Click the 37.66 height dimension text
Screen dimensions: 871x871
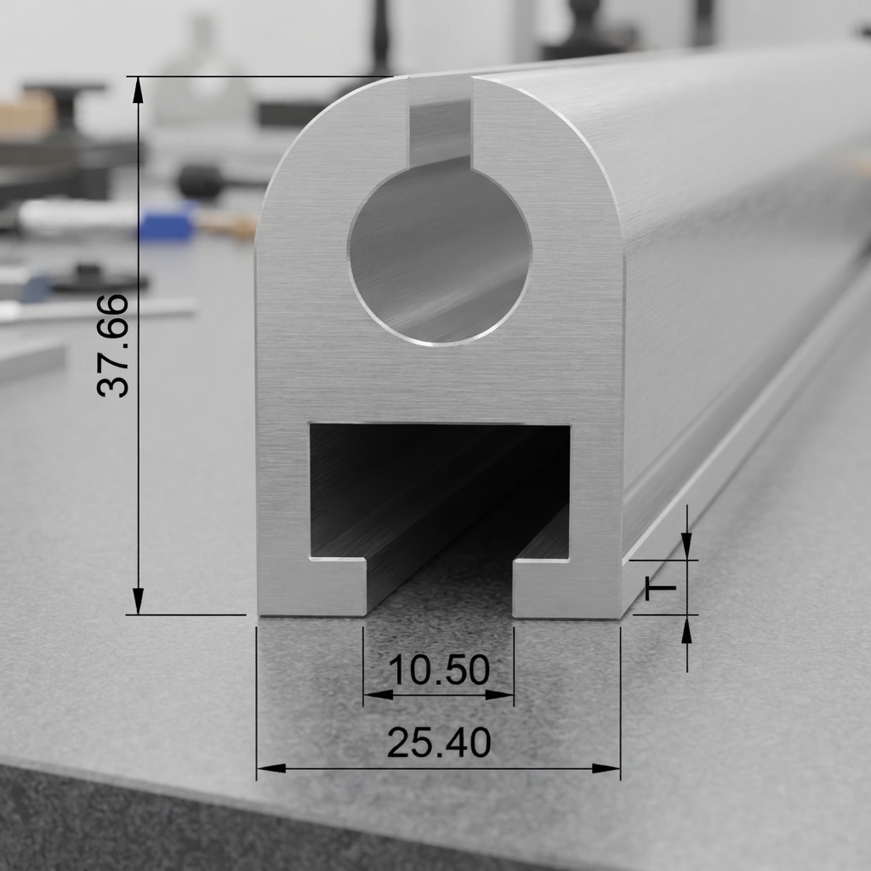click(113, 345)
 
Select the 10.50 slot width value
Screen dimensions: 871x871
click(439, 670)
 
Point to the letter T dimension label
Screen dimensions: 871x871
click(660, 589)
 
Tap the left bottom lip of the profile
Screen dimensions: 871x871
click(312, 588)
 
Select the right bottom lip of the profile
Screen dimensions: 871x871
click(566, 589)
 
